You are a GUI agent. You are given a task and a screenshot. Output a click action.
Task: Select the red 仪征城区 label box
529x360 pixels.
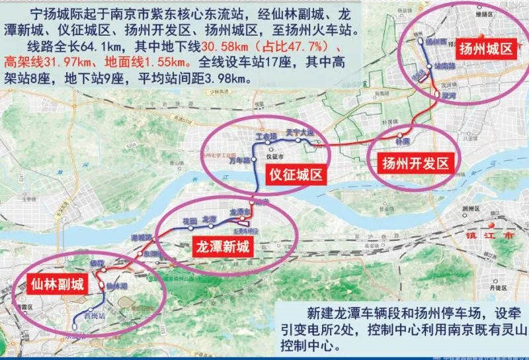point(295,175)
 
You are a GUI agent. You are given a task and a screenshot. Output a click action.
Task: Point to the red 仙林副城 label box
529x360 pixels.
point(56,285)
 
